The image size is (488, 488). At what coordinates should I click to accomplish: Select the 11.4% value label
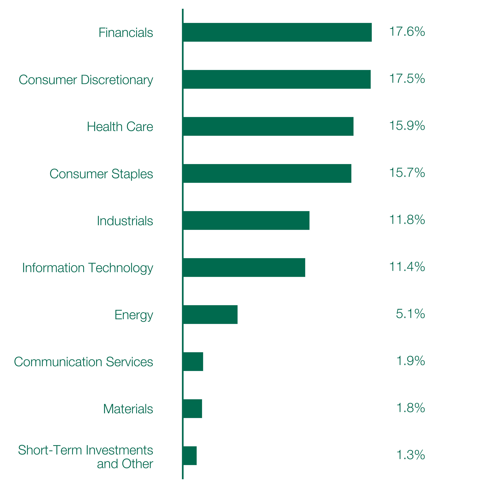pos(407,267)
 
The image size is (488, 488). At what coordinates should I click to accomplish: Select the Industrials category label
pos(125,221)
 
